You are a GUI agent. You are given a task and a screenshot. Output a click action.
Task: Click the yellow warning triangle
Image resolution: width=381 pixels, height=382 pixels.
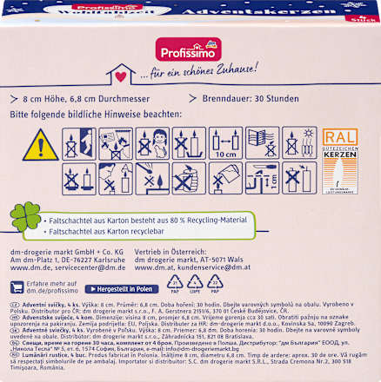click(38, 143)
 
